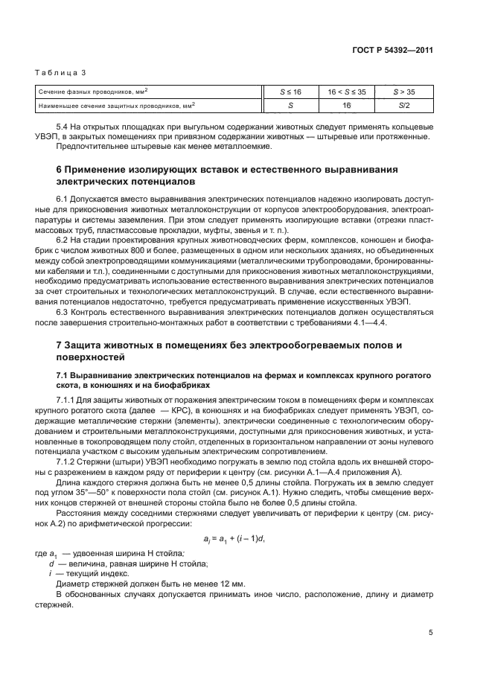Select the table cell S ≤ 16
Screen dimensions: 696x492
[x=290, y=92]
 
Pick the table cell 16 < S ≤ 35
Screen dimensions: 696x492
[x=346, y=92]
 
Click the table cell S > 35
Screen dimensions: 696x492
[x=404, y=92]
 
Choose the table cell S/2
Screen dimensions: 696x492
[x=404, y=106]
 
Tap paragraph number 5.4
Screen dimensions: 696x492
[x=63, y=128]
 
